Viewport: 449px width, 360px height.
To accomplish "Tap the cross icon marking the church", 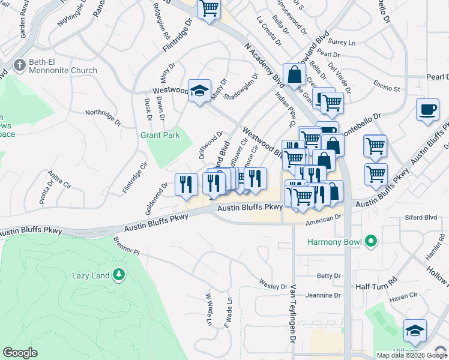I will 19,64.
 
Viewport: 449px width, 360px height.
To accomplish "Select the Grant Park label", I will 160,136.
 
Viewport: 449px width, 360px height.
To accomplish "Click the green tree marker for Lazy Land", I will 119,275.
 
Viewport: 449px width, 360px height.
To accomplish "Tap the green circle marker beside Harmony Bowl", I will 371,242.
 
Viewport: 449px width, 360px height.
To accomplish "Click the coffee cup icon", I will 427,110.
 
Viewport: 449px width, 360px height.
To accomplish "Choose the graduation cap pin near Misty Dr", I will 199,91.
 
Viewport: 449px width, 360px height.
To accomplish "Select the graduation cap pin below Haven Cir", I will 415,331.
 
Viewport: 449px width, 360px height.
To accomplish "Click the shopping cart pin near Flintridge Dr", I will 209,8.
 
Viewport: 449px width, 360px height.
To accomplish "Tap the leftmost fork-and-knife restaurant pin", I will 186,183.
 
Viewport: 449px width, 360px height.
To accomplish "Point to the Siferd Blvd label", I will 422,217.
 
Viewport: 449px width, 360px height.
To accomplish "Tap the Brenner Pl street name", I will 125,245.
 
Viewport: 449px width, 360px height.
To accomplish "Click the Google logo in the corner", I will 20,353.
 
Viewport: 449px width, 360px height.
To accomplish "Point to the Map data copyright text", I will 411,355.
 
